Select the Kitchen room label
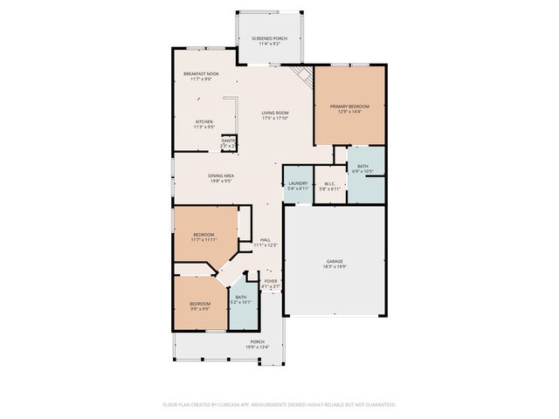pyautogui.click(x=204, y=121)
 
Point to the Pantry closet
pyautogui.click(x=229, y=141)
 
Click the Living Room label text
pyautogui.click(x=275, y=113)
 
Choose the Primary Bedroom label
pyautogui.click(x=349, y=107)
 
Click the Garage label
pyautogui.click(x=335, y=261)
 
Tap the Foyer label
pyautogui.click(x=272, y=280)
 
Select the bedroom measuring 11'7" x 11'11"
pyautogui.click(x=204, y=237)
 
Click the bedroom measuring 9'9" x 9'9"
pyautogui.click(x=200, y=306)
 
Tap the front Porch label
pyautogui.click(x=257, y=341)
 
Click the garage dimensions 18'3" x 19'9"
pyautogui.click(x=335, y=266)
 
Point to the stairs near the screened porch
pyautogui.click(x=302, y=77)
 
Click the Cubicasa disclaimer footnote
pyautogui.click(x=279, y=405)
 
